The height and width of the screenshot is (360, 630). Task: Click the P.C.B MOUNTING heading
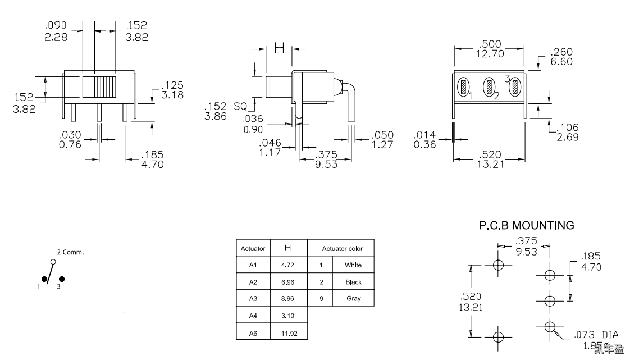526,226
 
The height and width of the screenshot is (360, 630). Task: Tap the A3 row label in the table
252,299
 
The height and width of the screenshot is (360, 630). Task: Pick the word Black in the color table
353,282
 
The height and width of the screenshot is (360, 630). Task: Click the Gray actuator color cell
353,299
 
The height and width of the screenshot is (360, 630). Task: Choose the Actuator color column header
342,248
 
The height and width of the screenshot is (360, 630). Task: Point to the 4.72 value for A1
287,265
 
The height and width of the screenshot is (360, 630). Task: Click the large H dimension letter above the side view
279,48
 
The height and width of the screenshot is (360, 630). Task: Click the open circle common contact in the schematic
53,262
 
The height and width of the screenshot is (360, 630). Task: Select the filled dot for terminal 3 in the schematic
62,279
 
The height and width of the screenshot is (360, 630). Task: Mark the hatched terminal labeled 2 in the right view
490,87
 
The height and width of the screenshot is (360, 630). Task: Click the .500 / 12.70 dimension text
489,49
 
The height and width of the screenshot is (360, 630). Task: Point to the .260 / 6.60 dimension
561,57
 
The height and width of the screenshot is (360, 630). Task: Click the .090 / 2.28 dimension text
56,31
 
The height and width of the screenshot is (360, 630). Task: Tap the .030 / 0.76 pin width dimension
71,140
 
